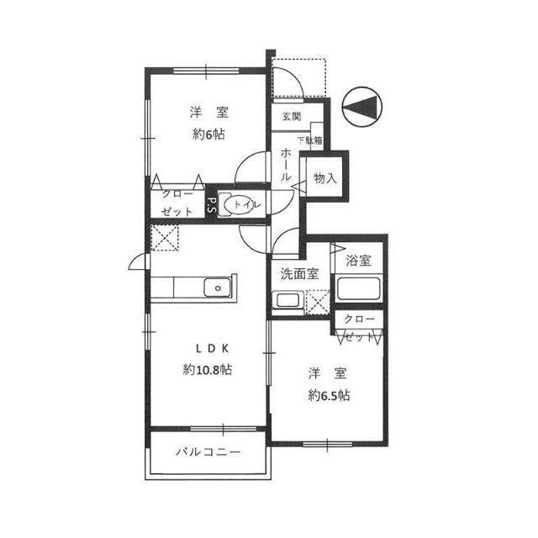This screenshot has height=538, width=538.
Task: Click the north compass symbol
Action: pyautogui.click(x=362, y=106)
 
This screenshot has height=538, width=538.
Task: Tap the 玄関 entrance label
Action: pyautogui.click(x=292, y=117)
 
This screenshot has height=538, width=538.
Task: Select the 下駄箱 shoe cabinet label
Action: pyautogui.click(x=309, y=140)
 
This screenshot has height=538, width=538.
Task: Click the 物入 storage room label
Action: pyautogui.click(x=325, y=178)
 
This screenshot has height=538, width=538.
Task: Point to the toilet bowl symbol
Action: pyautogui.click(x=238, y=204)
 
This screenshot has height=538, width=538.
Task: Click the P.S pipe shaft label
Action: pyautogui.click(x=211, y=205)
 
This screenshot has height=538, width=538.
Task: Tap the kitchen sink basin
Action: pyautogui.click(x=218, y=287)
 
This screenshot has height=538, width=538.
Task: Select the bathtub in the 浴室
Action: pyautogui.click(x=359, y=288)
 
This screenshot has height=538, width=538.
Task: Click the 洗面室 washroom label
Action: pyautogui.click(x=299, y=273)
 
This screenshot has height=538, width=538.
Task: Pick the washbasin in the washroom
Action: pyautogui.click(x=287, y=300)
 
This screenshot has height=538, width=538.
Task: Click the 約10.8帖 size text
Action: pyautogui.click(x=208, y=370)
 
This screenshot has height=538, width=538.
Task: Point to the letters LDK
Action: pyautogui.click(x=212, y=349)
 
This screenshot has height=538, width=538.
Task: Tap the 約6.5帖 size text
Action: pyautogui.click(x=329, y=396)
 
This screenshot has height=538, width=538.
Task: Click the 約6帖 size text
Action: pyautogui.click(x=208, y=134)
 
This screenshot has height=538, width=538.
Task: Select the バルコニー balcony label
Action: pyautogui.click(x=208, y=452)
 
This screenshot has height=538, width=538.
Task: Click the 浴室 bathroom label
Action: pyautogui.click(x=359, y=261)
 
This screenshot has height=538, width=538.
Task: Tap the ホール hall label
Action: pyautogui.click(x=286, y=165)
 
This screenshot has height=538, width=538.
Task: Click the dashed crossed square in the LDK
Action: pyautogui.click(x=165, y=238)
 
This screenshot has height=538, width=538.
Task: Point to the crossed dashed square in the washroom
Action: pyautogui.click(x=318, y=302)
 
